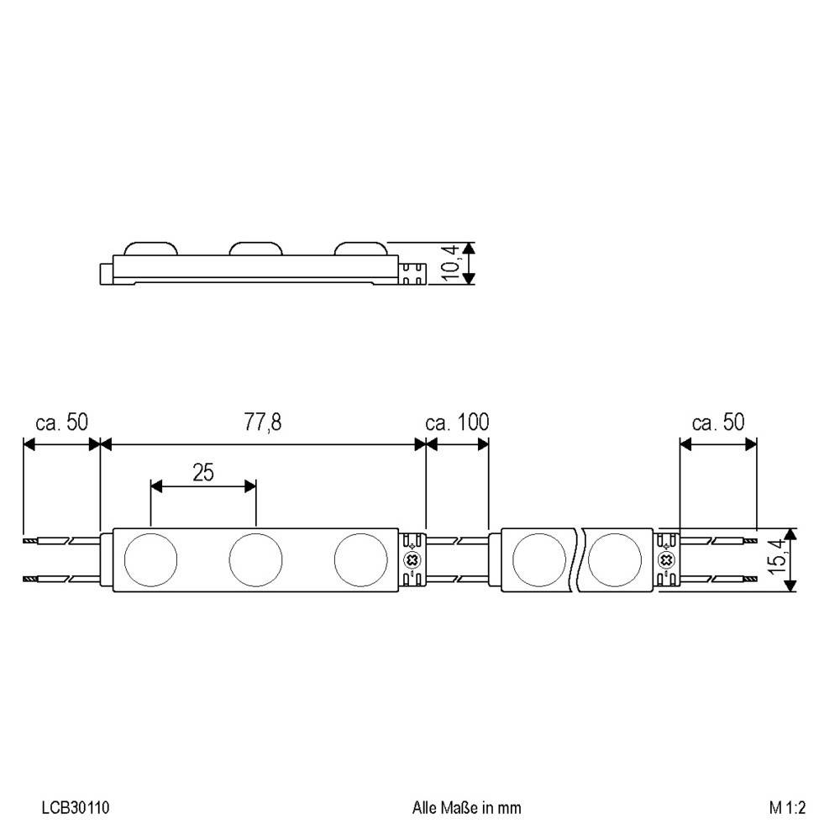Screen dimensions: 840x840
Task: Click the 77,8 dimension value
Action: [263, 422]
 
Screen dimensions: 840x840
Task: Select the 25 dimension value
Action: [203, 472]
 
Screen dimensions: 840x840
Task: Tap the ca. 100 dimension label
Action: [458, 422]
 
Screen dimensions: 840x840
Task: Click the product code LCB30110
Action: [76, 808]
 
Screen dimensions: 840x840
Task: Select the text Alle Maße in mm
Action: [467, 808]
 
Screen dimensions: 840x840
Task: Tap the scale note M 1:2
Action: [787, 808]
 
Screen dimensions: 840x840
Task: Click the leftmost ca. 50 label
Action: [61, 422]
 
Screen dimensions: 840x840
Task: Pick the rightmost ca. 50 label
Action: [718, 422]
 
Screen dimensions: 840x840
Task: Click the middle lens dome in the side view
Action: [255, 249]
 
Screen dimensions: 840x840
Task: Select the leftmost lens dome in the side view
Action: [151, 249]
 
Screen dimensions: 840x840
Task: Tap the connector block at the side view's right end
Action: [412, 272]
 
